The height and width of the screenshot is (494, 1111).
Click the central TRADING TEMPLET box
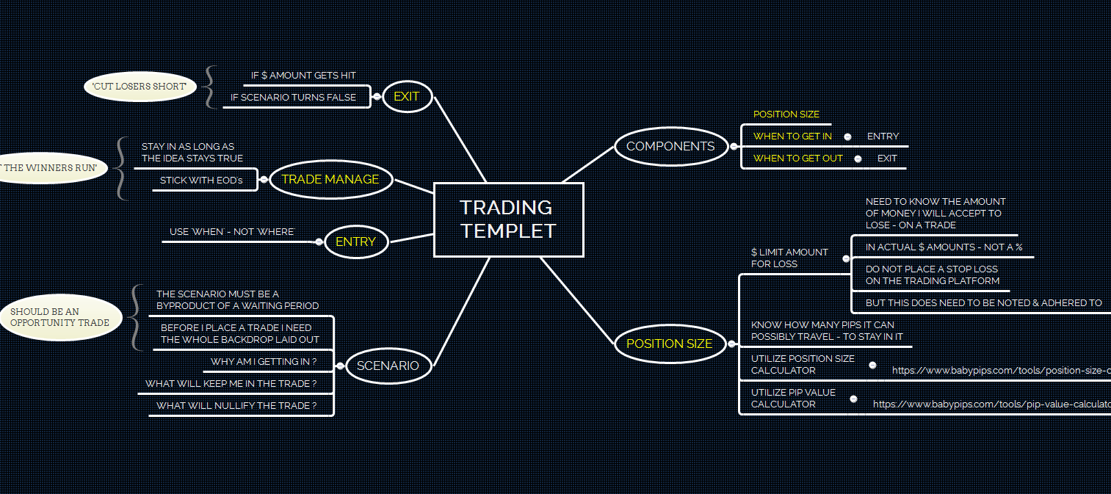(x=508, y=219)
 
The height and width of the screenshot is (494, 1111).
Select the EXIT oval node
(x=407, y=96)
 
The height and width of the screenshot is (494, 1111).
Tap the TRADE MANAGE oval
(x=330, y=179)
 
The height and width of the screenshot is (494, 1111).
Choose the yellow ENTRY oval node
(x=355, y=241)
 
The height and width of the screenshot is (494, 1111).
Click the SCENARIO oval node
(x=388, y=366)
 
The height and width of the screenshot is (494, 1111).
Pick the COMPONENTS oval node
(x=670, y=146)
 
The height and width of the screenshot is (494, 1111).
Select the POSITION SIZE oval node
(x=669, y=344)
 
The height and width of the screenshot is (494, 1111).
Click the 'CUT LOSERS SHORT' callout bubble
(x=140, y=87)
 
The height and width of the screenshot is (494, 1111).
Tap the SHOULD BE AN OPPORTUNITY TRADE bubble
(x=60, y=317)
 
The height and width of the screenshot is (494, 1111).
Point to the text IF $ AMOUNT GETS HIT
(x=303, y=76)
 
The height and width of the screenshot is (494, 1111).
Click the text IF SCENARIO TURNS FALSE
(x=293, y=97)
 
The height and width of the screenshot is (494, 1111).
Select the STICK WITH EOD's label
(x=200, y=180)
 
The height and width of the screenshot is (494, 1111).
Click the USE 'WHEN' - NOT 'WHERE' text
(x=231, y=232)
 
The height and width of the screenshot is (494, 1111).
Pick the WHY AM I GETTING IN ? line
(x=263, y=362)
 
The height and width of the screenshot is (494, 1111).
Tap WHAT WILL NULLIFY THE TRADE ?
(x=236, y=405)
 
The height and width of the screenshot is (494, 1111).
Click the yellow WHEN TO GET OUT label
(x=797, y=158)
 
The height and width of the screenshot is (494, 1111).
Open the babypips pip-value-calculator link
(x=991, y=404)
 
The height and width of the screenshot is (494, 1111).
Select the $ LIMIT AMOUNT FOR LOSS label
(x=789, y=258)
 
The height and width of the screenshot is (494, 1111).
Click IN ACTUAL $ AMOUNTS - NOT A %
(x=944, y=247)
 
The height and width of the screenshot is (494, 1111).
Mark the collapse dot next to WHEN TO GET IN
(x=847, y=137)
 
